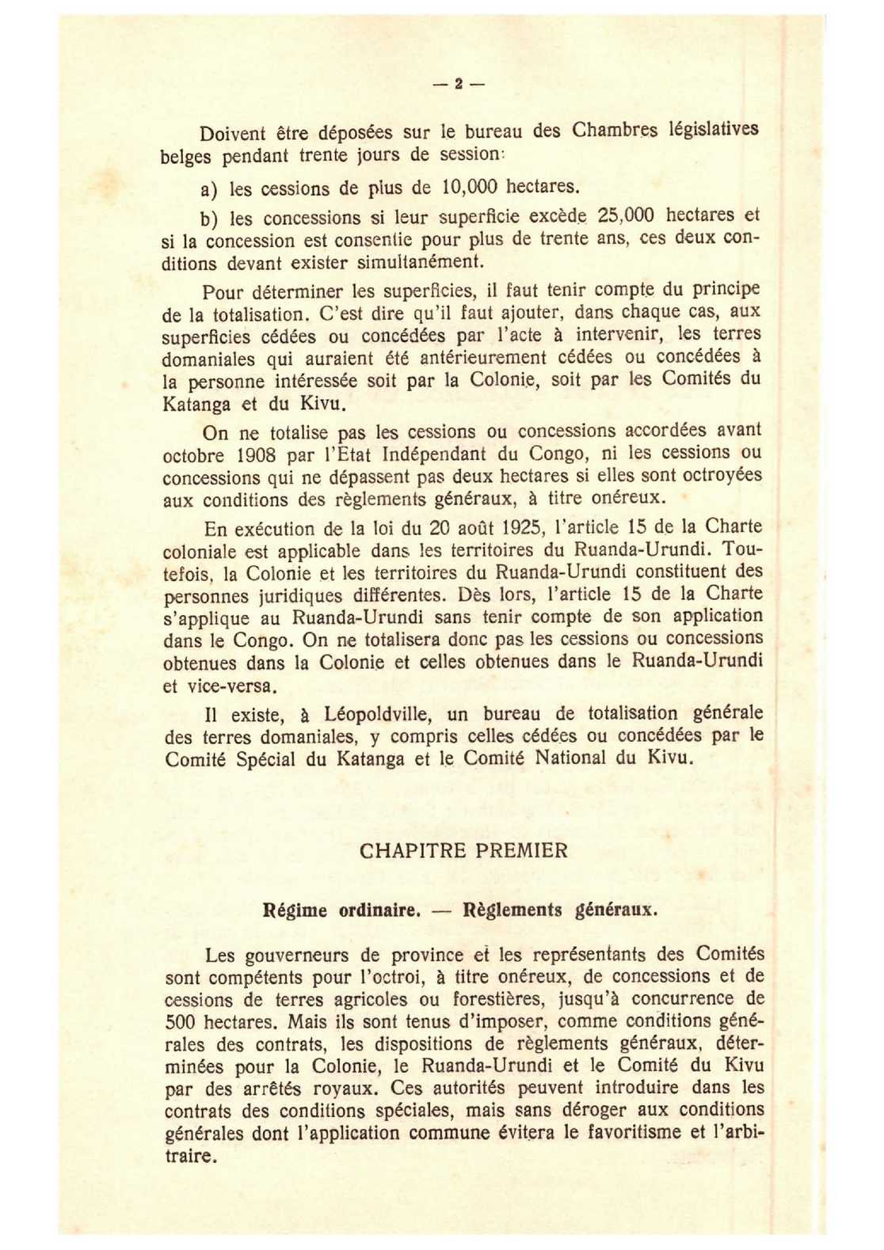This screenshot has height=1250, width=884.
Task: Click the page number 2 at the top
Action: click(458, 83)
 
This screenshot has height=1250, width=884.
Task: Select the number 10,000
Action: click(469, 188)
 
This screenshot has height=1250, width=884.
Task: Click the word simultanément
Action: click(420, 262)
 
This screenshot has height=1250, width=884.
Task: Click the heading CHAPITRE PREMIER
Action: click(463, 851)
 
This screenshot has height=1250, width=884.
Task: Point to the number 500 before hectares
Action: click(180, 1022)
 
